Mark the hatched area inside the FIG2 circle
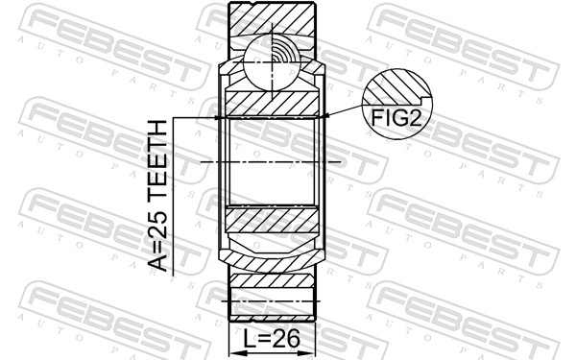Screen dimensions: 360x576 (x=384, y=91)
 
